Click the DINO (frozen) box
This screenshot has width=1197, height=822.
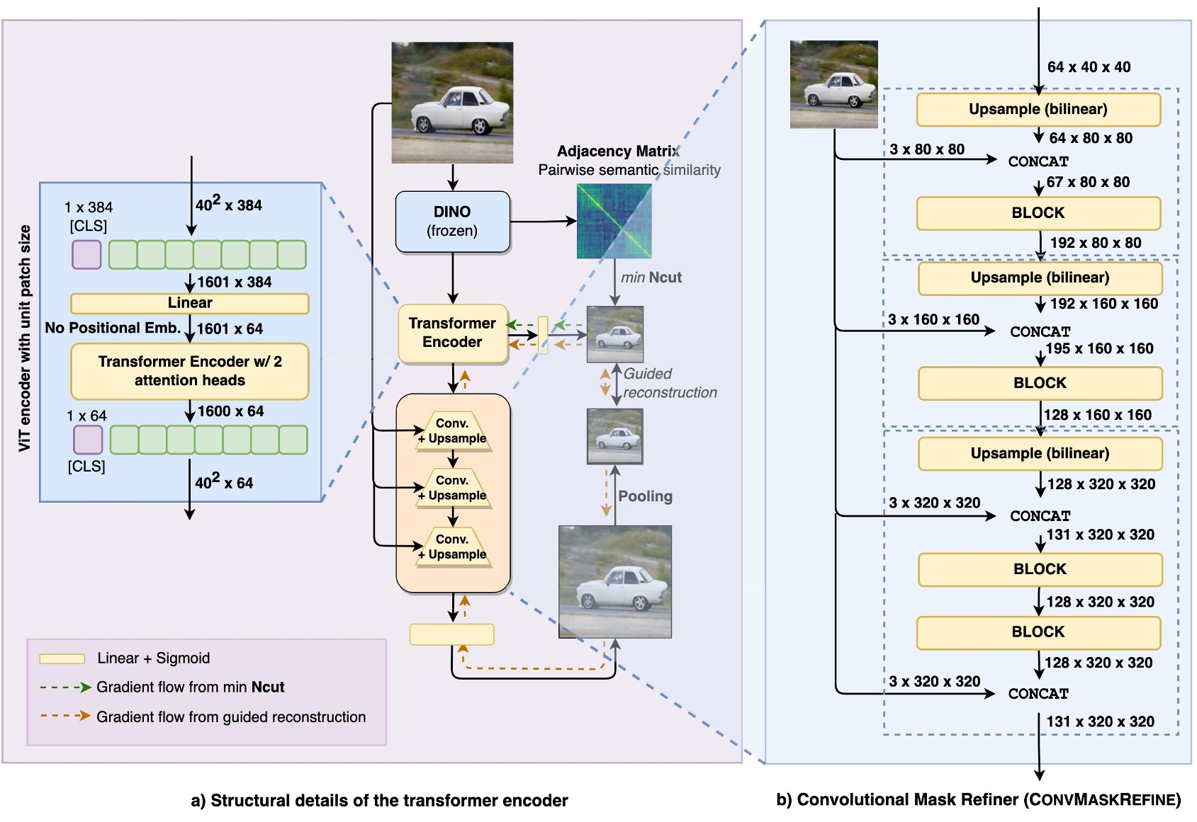[x=452, y=222]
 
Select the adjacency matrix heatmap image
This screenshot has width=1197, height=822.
[x=614, y=221]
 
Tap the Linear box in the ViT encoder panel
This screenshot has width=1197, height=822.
[x=189, y=303]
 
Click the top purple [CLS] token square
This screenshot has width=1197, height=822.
[x=86, y=254]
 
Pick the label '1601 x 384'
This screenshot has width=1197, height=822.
[x=234, y=282]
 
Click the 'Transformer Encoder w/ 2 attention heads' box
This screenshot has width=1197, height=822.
[x=189, y=371]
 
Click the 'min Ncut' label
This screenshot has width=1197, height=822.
[x=651, y=278]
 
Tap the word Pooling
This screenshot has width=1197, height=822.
[x=645, y=496]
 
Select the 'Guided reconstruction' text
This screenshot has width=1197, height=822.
[x=669, y=383]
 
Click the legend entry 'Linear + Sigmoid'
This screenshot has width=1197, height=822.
[x=153, y=658]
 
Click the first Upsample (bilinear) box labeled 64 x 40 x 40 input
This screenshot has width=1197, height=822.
[x=1038, y=109]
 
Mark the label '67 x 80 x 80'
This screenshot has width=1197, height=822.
[x=1088, y=182]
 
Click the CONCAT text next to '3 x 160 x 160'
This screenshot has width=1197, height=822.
[x=1040, y=331]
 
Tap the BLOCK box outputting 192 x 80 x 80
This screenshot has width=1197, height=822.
[x=1038, y=213]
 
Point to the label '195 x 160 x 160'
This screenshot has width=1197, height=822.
[x=1099, y=348]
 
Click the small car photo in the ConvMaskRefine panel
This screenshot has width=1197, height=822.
[x=833, y=84]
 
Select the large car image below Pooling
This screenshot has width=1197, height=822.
[x=614, y=582]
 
